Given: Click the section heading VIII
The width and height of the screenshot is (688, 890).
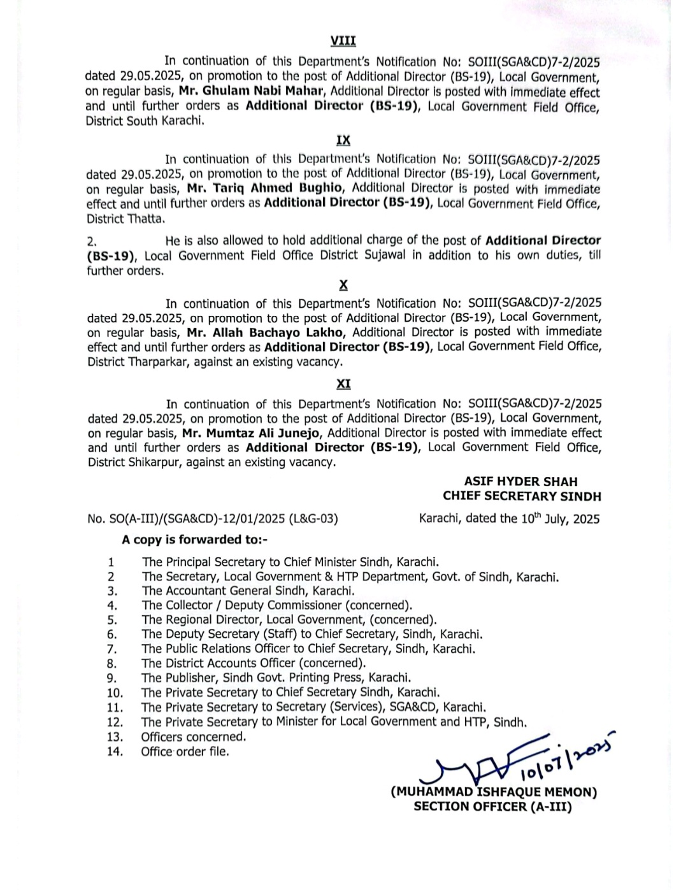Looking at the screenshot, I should (343, 41).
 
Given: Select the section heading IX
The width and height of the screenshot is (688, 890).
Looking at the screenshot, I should (343, 140).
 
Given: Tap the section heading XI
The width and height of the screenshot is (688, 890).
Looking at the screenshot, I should (343, 384).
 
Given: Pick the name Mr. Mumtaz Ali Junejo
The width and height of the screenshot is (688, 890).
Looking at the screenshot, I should (251, 433).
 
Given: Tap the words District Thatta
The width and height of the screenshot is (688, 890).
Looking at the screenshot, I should (125, 219).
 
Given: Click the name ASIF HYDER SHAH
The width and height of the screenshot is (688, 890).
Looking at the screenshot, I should (520, 482).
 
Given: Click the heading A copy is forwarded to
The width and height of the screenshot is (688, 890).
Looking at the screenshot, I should (195, 540).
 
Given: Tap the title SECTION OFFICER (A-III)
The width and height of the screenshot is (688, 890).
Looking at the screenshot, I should (493, 807).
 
